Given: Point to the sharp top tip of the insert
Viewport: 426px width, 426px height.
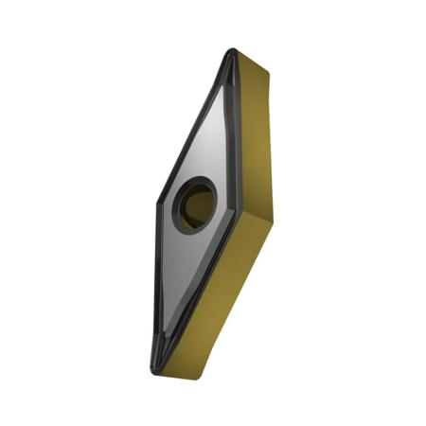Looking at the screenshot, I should point(230,52).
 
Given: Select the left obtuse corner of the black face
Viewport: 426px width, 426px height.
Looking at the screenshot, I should point(155,203).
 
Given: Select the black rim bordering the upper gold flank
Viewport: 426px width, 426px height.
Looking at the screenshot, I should point(235,133).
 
